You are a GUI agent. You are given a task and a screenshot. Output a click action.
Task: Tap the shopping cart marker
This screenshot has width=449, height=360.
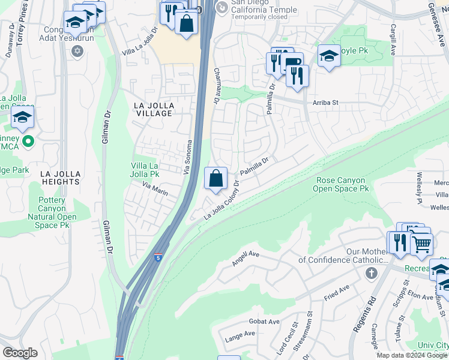(421, 244)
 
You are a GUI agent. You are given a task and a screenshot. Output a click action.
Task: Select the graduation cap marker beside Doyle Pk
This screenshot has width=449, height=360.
(329, 56)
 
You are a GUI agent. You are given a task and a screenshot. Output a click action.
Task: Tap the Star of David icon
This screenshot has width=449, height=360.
(76, 51)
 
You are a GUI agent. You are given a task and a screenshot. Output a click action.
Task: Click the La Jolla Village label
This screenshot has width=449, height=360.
(154, 109)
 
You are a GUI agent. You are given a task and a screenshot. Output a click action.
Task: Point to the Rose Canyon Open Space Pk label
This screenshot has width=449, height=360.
(341, 184)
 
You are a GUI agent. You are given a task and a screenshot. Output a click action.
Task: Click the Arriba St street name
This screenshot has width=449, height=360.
(325, 103)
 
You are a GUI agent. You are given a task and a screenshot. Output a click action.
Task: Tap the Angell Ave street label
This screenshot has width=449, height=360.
(246, 259)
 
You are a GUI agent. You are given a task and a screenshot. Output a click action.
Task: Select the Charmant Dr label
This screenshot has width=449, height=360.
(217, 86)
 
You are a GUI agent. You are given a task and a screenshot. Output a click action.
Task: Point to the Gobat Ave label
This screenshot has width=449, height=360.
(264, 322)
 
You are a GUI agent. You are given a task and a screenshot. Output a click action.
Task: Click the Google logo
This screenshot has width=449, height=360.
(21, 352)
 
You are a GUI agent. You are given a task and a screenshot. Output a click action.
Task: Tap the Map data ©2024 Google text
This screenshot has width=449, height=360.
(412, 355)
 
